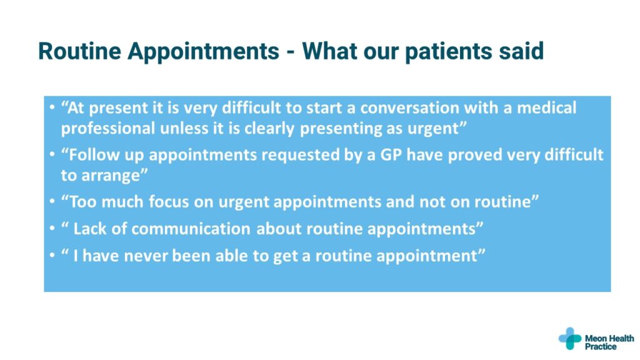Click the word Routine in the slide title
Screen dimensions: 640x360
coord(79,51)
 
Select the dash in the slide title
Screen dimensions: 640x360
coord(291,53)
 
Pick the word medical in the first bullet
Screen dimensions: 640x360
coord(546,107)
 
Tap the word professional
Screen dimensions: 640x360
coord(108,129)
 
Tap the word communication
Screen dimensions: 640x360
coord(191,229)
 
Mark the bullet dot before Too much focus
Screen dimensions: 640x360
coord(52,202)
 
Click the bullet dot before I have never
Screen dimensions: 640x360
coord(52,256)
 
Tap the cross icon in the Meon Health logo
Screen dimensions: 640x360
coord(570,338)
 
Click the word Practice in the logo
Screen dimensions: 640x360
coord(601,346)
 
